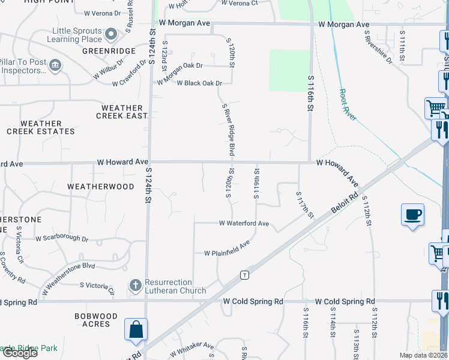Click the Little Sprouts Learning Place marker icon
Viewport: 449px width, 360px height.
(112, 34)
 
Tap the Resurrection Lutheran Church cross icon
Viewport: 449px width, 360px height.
(136, 286)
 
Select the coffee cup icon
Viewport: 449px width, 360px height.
(413, 214)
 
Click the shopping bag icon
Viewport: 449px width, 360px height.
(136, 329)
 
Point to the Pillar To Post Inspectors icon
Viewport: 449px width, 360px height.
(55, 65)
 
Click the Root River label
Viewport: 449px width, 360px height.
(348, 105)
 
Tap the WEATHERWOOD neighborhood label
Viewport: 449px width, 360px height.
(101, 187)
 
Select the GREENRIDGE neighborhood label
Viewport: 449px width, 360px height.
(109, 52)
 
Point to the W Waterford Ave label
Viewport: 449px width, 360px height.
(244, 223)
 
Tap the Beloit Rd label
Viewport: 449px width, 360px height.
(345, 203)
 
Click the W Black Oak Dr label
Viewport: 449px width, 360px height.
(199, 83)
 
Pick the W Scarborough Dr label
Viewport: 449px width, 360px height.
(62, 239)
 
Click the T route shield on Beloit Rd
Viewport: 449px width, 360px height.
(244, 275)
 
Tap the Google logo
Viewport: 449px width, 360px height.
(20, 353)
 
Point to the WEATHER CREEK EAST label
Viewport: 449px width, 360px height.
(122, 112)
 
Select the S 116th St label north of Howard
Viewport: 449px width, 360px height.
(311, 93)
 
